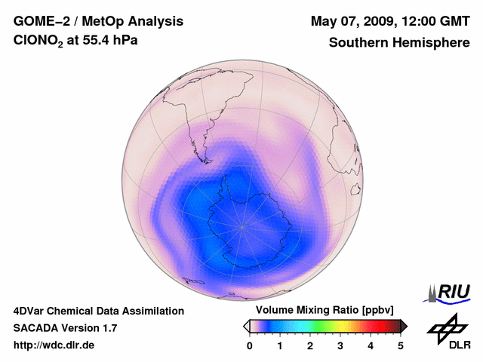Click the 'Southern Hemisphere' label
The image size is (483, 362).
[399, 43]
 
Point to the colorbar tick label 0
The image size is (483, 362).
[250, 345]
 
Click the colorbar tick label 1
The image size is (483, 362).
[280, 345]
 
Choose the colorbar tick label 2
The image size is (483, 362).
[310, 345]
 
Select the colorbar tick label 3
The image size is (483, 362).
[340, 345]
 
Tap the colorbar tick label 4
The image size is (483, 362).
[371, 345]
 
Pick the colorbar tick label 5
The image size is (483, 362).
[401, 345]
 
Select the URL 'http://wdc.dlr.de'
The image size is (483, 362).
[54, 345]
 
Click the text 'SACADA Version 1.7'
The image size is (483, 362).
[65, 328]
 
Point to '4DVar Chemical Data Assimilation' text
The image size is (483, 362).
[98, 311]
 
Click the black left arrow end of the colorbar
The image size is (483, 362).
[246, 326]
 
